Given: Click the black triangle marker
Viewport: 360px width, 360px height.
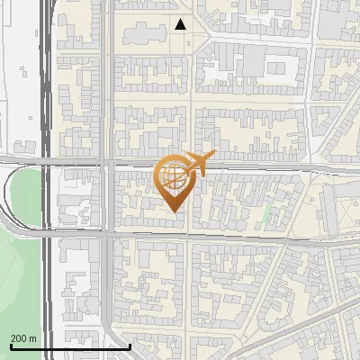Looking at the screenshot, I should [182, 24].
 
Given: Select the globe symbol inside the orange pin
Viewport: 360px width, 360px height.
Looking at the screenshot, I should [175, 175].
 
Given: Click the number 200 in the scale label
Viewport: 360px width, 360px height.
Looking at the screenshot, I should [19, 338].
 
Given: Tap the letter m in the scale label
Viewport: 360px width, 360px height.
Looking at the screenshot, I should [33, 338].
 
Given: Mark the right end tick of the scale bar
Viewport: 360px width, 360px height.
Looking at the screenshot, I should [130, 345].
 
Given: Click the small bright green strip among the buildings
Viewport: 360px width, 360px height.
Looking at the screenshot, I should [266, 215].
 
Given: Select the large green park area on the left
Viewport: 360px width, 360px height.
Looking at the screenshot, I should [20, 270].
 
